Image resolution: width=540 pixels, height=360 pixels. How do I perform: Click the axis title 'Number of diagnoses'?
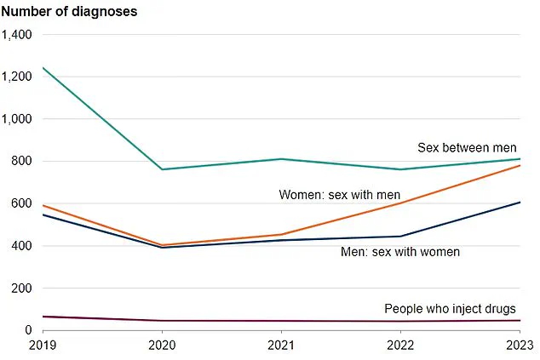coord(69,12)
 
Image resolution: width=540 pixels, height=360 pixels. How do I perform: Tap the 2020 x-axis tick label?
coord(161,346)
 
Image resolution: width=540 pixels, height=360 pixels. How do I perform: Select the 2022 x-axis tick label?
coord(400,346)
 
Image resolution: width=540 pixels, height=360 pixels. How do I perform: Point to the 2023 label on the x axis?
coord(519,346)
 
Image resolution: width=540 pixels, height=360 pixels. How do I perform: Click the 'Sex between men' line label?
coord(467,147)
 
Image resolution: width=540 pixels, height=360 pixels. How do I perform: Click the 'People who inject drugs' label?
coord(450,308)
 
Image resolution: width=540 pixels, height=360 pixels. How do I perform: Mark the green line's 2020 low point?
coord(161,169)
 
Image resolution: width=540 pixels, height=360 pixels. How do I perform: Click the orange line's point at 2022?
coord(400,203)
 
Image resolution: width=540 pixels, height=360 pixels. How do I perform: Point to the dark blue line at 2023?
coord(520,202)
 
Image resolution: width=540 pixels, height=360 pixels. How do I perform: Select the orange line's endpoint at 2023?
coord(520,165)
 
